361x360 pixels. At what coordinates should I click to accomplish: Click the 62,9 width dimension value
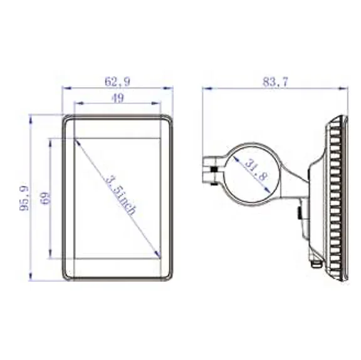(x=117, y=81)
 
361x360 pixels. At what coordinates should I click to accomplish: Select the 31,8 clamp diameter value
(x=254, y=170)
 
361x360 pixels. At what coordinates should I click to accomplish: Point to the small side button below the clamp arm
(x=300, y=213)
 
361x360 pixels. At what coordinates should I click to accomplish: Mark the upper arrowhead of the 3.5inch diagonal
(x=76, y=140)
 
